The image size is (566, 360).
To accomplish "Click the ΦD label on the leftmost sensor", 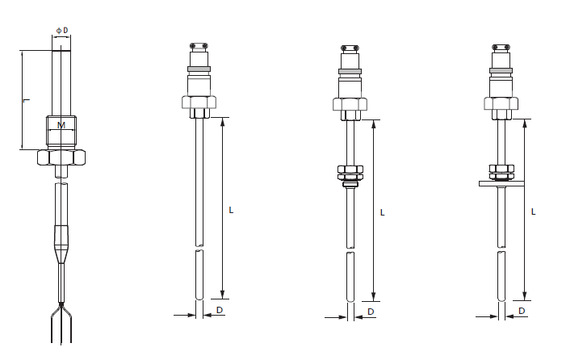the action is (x=62, y=31).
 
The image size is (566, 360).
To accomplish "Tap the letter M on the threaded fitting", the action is (x=61, y=125).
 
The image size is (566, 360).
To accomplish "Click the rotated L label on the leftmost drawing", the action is (x=27, y=101).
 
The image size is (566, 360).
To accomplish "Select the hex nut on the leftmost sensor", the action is (x=61, y=157).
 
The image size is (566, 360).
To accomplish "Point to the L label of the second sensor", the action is (x=232, y=210).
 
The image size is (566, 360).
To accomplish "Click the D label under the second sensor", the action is (x=220, y=310).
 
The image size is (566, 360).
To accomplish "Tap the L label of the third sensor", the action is (x=383, y=213).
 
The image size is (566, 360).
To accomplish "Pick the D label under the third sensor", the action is (x=371, y=312).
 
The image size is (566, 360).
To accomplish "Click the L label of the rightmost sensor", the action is (x=534, y=211).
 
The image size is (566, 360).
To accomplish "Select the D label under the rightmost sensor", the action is (x=522, y=311).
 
